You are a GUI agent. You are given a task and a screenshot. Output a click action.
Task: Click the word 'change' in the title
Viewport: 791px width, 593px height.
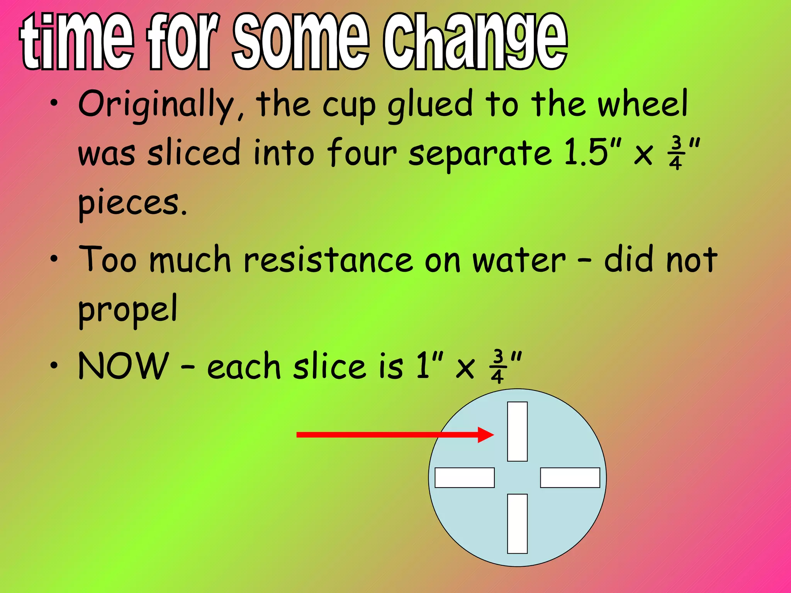[475, 42]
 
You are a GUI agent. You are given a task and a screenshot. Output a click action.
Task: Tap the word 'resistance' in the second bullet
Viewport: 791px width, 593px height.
[328, 259]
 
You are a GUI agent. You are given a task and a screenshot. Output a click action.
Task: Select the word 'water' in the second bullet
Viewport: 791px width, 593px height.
[519, 259]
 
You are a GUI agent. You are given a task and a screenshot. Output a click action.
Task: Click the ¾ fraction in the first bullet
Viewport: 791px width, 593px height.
[676, 153]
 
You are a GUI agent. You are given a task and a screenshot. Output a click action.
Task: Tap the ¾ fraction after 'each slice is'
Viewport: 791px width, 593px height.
[497, 366]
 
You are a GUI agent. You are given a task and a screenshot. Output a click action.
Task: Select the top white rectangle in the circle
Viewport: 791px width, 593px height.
[517, 431]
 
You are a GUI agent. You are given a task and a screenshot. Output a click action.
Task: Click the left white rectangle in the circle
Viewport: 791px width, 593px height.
[465, 478]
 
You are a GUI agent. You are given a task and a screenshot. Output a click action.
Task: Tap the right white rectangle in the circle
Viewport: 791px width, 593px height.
[570, 478]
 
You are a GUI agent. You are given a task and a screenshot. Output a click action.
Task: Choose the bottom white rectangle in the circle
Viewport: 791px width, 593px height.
[517, 524]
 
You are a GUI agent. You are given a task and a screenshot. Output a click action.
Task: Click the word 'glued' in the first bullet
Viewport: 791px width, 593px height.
[430, 104]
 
